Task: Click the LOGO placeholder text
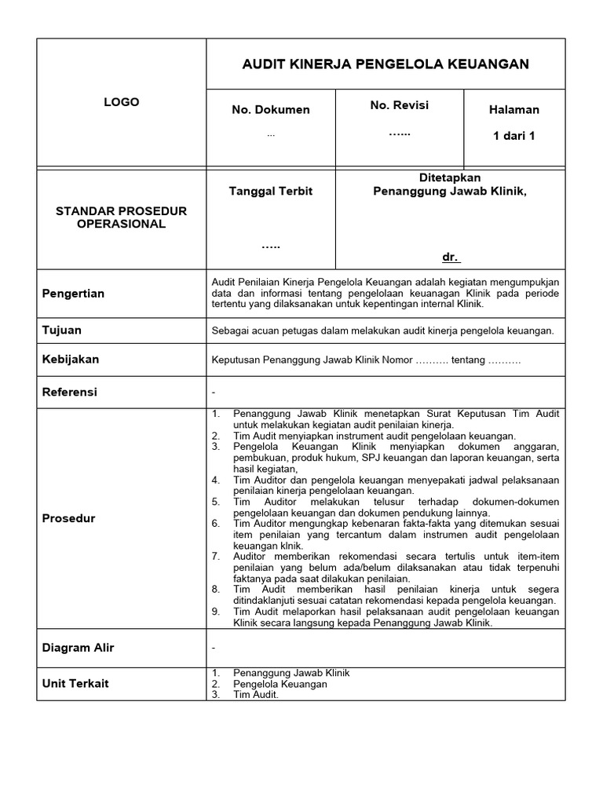(x=121, y=102)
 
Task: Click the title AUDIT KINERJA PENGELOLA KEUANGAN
(x=386, y=64)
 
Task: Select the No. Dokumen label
(x=270, y=110)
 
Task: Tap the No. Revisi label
(x=399, y=105)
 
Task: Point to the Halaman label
(x=513, y=110)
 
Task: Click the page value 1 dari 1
(x=513, y=136)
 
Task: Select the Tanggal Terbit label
(x=270, y=192)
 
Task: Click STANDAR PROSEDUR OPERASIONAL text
(x=121, y=217)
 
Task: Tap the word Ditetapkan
(x=450, y=178)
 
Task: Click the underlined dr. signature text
(x=451, y=258)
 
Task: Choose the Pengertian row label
(x=73, y=294)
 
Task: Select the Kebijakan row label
(x=71, y=360)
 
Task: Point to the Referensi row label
(x=70, y=392)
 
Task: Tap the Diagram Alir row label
(x=78, y=648)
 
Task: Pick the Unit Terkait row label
(x=75, y=683)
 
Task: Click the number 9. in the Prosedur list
(x=216, y=612)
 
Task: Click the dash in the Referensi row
(x=214, y=392)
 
